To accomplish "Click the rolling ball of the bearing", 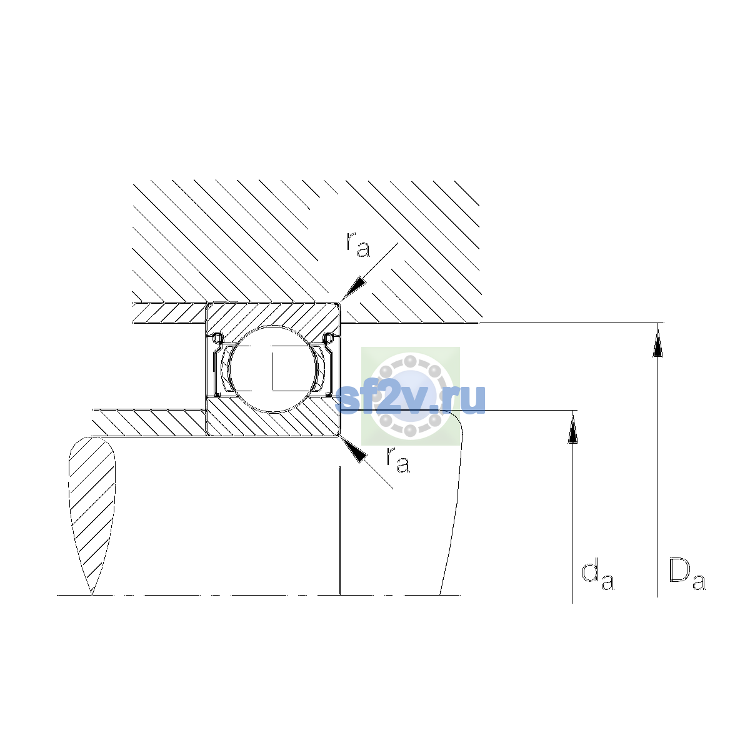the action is click(x=273, y=369).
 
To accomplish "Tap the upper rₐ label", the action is click(x=357, y=244).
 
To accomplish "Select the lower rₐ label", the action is click(x=397, y=459).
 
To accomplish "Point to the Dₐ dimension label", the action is click(x=687, y=574).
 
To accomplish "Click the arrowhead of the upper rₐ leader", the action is click(x=354, y=289).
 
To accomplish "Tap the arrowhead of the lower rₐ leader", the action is click(x=353, y=449).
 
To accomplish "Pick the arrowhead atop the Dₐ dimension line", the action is click(x=657, y=340).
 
